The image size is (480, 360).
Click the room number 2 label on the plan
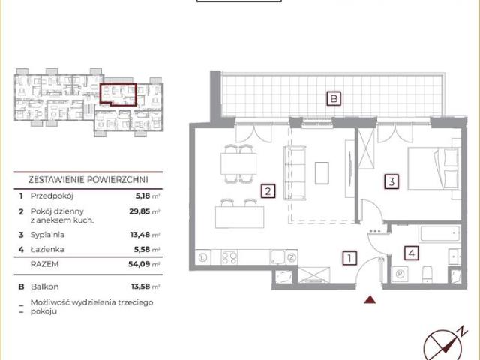[268, 191]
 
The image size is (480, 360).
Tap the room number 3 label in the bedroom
[391, 181]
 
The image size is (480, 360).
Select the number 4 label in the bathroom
[412, 253]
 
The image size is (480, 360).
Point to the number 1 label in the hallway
[349, 258]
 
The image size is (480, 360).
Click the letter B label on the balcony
[334, 98]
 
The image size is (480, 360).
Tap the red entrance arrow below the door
[370, 299]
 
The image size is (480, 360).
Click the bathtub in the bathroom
[440, 234]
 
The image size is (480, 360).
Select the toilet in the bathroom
[427, 274]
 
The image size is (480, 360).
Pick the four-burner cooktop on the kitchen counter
[229, 257]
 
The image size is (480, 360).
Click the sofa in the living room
[295, 173]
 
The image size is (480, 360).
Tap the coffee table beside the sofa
[322, 173]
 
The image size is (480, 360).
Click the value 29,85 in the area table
[139, 211]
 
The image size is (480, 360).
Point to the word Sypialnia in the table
[47, 235]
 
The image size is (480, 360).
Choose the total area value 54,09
[139, 264]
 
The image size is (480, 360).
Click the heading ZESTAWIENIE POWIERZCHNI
[88, 180]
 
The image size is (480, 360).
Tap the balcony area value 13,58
[140, 286]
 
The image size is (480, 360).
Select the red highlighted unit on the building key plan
[118, 94]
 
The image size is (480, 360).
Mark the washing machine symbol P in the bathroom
[400, 273]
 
